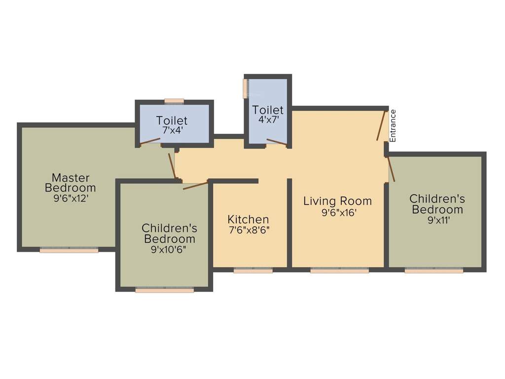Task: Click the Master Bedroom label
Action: click(x=70, y=183)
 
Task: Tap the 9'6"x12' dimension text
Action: click(x=70, y=198)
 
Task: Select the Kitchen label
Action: click(x=248, y=219)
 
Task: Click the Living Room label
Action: click(x=337, y=201)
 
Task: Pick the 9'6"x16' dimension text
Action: click(x=338, y=213)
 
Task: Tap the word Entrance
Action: click(x=393, y=126)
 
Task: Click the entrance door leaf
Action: click(x=381, y=126)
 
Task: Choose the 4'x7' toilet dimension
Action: click(x=268, y=119)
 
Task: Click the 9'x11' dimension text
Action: click(x=438, y=220)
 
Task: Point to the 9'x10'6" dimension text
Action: click(x=169, y=250)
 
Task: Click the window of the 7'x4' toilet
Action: click(x=174, y=101)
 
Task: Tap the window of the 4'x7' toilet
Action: click(x=245, y=88)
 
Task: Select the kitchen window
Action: click(x=253, y=270)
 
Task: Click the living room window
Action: click(x=339, y=270)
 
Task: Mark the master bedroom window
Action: click(x=69, y=250)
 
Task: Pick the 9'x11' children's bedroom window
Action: click(x=433, y=270)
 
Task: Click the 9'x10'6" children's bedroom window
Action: click(x=164, y=290)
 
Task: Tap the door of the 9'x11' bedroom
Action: click(x=391, y=169)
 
